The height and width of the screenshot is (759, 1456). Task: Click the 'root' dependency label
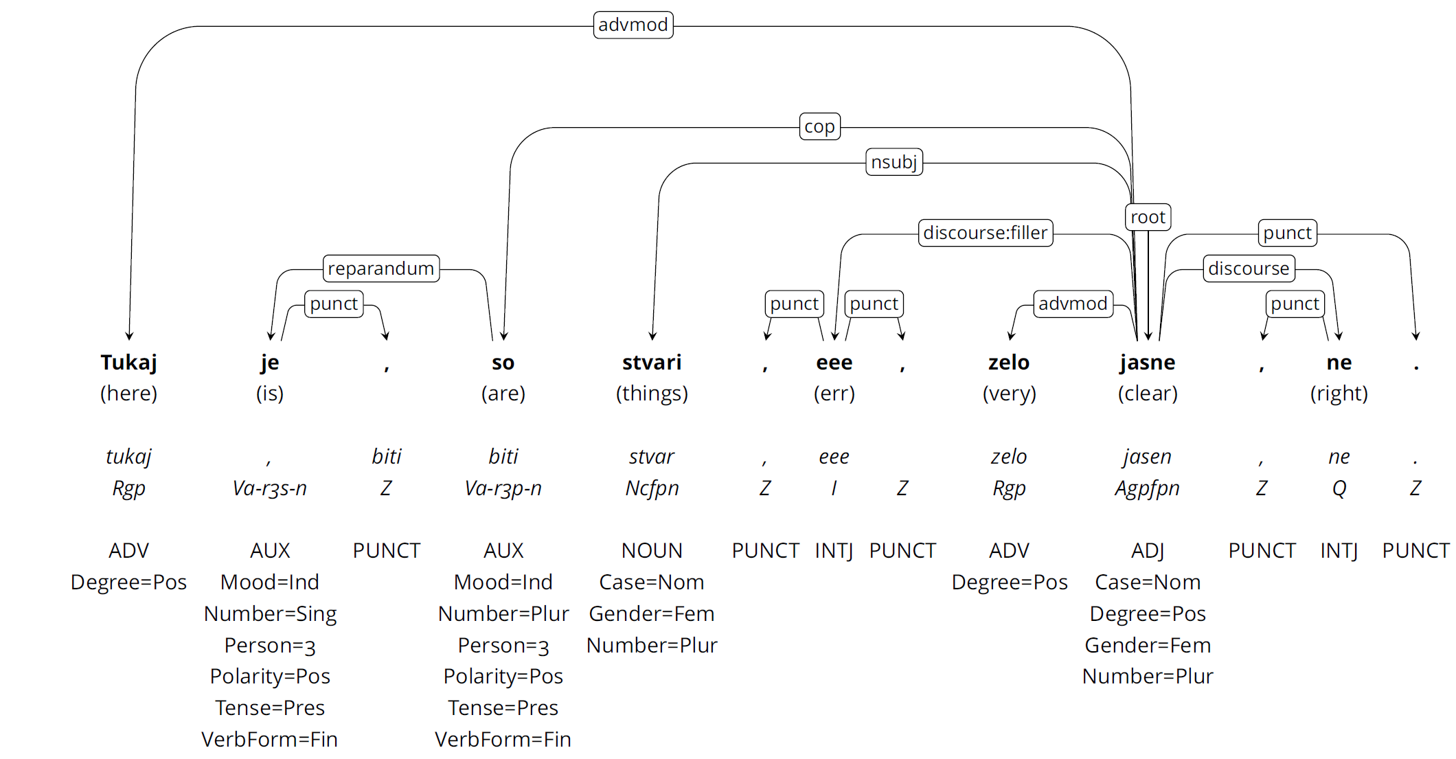[x=1147, y=217]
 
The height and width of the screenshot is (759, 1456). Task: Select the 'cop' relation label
[x=819, y=127]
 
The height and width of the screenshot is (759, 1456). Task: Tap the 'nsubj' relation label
[x=894, y=162]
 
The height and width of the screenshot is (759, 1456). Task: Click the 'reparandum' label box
[x=380, y=269]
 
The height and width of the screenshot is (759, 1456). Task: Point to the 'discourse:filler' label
[x=985, y=233]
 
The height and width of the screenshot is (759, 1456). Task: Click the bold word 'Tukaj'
[x=128, y=362]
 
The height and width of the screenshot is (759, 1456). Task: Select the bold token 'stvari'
[x=651, y=362]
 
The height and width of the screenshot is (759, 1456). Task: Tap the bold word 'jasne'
[x=1147, y=362]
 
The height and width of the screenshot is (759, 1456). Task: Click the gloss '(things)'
[x=651, y=394]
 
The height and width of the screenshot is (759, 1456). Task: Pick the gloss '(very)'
[x=1008, y=394]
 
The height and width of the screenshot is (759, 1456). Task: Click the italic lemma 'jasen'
[x=1147, y=456]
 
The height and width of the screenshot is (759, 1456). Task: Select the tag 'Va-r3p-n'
[x=503, y=488]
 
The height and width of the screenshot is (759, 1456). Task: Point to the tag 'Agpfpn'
[x=1147, y=488]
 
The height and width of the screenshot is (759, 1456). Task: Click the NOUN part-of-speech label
[x=651, y=550]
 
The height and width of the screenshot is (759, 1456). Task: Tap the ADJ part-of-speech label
[x=1147, y=550]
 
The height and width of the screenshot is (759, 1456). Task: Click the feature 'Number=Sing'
[x=270, y=613]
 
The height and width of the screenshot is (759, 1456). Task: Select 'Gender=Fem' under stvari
[x=651, y=613]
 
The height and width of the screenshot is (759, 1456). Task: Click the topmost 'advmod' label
[x=633, y=25]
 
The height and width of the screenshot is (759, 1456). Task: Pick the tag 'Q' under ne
[x=1339, y=488]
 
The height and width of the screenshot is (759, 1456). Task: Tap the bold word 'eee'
[x=834, y=362]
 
